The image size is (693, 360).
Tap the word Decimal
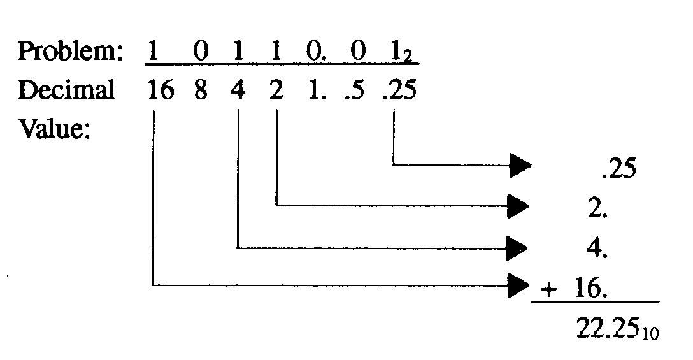click(66, 90)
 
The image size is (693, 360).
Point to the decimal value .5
click(357, 90)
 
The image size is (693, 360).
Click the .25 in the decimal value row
click(399, 90)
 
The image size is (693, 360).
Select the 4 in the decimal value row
click(238, 90)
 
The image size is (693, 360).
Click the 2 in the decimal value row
click(276, 90)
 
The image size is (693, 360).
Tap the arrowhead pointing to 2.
click(520, 205)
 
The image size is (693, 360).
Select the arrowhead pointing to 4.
click(520, 245)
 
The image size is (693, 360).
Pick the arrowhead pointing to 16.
click(520, 285)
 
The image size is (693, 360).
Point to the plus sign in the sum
click(547, 290)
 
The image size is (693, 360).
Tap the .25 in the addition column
click(617, 170)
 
